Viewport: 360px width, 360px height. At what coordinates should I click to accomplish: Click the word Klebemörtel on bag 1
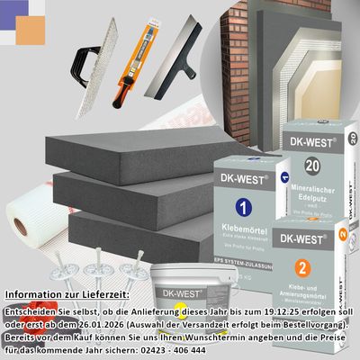click(x=240, y=230)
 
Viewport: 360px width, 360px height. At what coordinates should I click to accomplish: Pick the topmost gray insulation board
click(x=126, y=153)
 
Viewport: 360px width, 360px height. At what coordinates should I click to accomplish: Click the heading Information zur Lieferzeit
click(x=67, y=294)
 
